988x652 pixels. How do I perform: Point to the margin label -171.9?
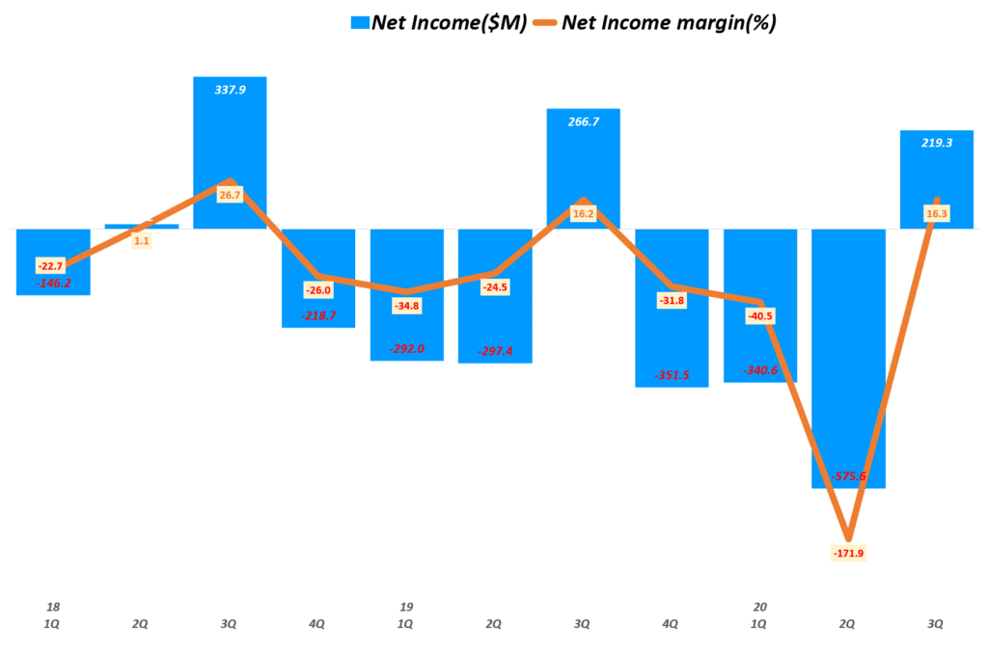pyautogui.click(x=848, y=553)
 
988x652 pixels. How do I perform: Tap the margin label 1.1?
pyautogui.click(x=142, y=240)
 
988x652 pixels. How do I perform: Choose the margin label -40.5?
pyautogui.click(x=759, y=315)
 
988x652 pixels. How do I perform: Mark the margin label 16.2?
pyautogui.click(x=583, y=213)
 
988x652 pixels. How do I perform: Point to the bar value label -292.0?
pyautogui.click(x=406, y=348)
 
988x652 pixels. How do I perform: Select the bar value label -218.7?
pyautogui.click(x=318, y=315)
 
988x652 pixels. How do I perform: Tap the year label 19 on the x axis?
pyautogui.click(x=406, y=607)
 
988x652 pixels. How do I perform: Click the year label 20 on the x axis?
pyautogui.click(x=759, y=607)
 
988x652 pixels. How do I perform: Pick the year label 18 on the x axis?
pyautogui.click(x=53, y=607)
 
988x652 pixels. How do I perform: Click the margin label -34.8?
pyautogui.click(x=406, y=306)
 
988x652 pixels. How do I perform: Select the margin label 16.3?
pyautogui.click(x=936, y=213)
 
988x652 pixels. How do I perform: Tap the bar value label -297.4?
pyautogui.click(x=495, y=350)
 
